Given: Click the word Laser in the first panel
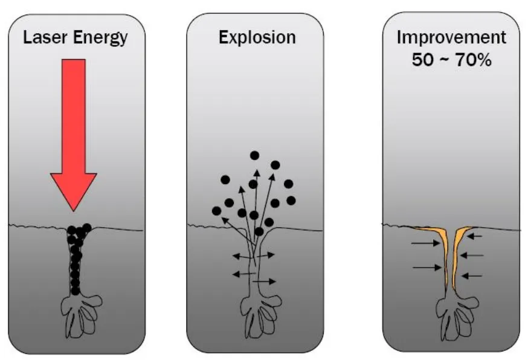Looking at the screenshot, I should coord(43,38).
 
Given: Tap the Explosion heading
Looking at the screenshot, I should coord(257,38).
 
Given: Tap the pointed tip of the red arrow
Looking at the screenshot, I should coord(74,209).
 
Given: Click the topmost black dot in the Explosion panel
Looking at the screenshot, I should coord(255,156).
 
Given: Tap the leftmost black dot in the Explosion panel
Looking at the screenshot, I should coord(216,210).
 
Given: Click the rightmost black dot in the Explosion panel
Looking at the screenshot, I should coord(291,200).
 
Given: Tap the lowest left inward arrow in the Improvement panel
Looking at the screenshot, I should coord(426,266).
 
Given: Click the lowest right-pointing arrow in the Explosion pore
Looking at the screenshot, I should coord(265,281).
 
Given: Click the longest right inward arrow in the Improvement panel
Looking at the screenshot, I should coord(475,256).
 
